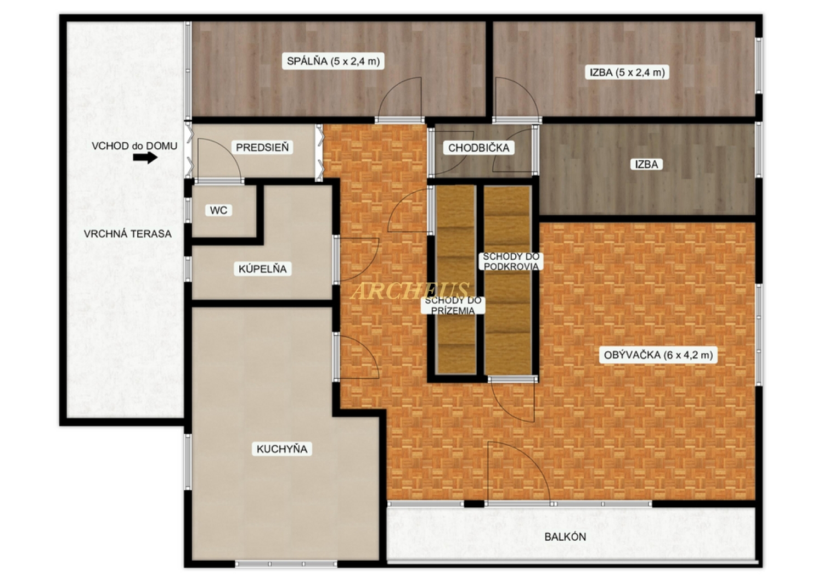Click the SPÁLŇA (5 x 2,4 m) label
tap(333, 61)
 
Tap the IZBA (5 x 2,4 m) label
tap(627, 72)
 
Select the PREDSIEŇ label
tap(262, 148)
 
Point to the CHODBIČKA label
tap(478, 148)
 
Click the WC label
tap(218, 210)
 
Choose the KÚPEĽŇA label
tap(262, 268)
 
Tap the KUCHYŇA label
tap(282, 449)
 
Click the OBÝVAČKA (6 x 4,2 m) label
tap(658, 355)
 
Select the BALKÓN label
tap(565, 537)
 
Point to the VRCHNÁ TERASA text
tap(127, 234)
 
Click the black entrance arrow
tap(145, 158)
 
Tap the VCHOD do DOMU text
tap(134, 146)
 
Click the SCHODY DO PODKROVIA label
tap(511, 261)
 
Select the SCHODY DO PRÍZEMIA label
tap(453, 305)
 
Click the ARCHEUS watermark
tap(410, 291)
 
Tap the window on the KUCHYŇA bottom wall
tap(286, 564)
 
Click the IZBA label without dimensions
tap(646, 164)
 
